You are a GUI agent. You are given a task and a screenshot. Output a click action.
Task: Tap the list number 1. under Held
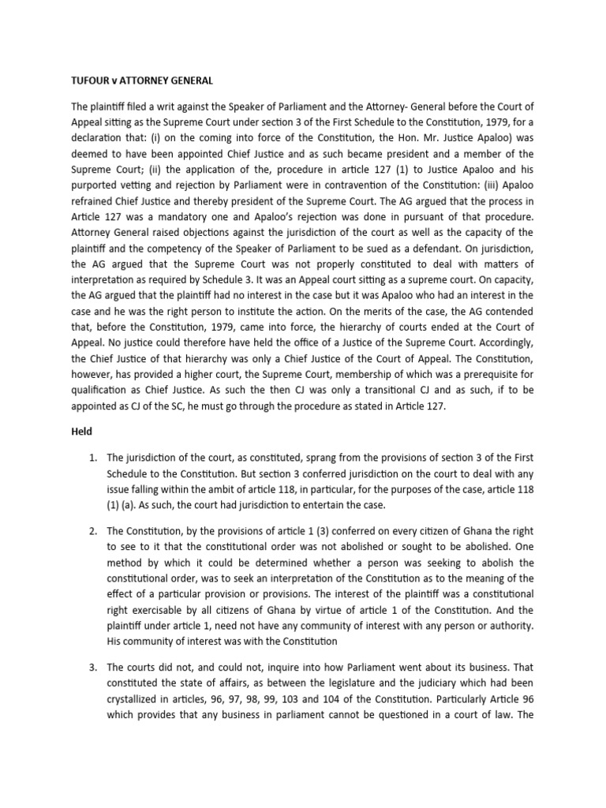(x=95, y=458)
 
